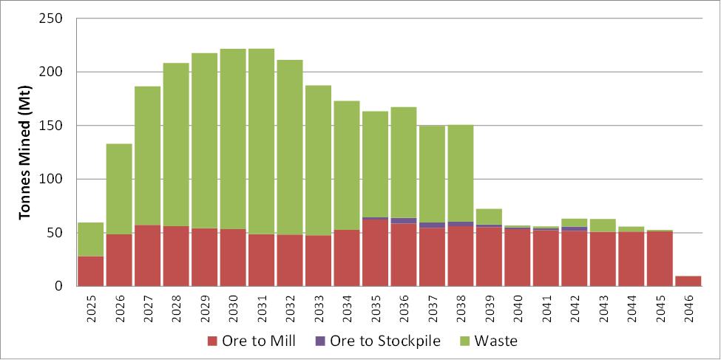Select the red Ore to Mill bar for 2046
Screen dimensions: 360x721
[688, 281]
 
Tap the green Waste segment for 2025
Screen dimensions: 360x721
[90, 240]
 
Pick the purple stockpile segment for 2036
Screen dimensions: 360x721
[404, 220]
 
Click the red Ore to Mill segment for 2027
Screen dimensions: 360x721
[147, 255]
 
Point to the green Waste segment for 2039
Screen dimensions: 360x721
[489, 217]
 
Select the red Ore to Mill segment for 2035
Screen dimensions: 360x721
[375, 252]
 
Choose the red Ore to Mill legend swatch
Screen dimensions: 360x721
[213, 341]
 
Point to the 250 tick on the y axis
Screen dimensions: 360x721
[52, 18]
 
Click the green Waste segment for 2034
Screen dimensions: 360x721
[347, 165]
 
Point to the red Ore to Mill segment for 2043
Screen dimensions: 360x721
[603, 259]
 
